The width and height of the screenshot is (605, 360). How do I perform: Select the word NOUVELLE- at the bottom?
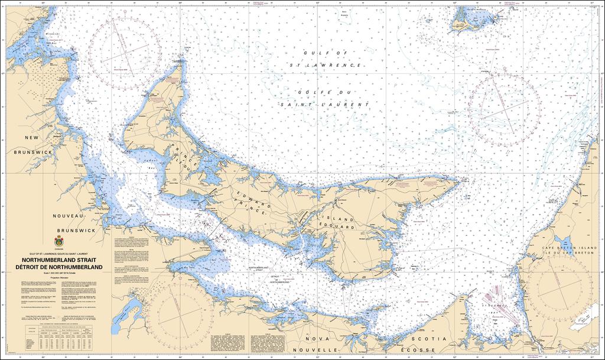point(321,349)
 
